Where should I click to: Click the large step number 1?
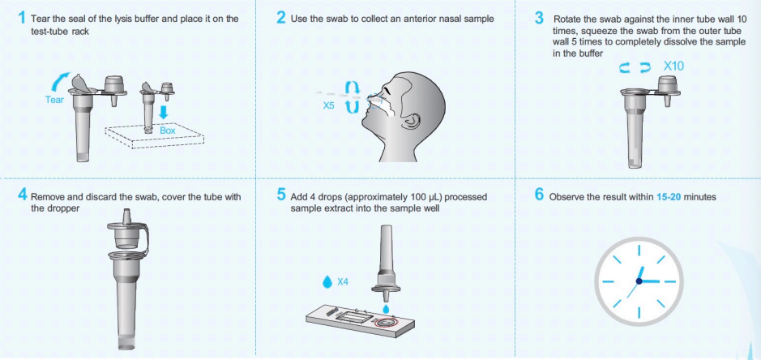point(21,18)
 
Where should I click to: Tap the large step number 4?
point(23,195)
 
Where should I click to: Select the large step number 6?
point(539,195)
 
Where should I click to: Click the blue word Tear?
point(54,100)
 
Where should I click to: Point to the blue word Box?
point(168,131)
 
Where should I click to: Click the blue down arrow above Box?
point(164,113)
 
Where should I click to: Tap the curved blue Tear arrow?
point(60,82)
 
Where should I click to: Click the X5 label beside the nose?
point(328,105)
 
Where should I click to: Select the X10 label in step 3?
point(673,66)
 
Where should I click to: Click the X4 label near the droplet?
point(343,281)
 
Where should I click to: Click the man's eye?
point(384,92)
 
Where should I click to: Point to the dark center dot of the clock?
point(639,281)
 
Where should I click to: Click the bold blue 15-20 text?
point(669,197)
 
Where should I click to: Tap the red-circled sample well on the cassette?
point(387,323)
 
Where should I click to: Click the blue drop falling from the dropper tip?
point(386,308)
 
